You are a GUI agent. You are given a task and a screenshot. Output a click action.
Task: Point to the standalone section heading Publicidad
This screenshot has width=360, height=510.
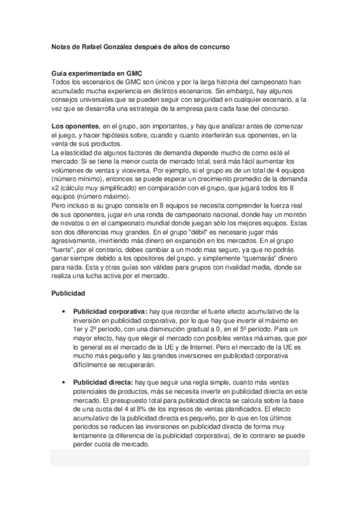(x=69, y=293)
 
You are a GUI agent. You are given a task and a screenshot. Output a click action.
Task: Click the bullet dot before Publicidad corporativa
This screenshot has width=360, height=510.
(x=63, y=313)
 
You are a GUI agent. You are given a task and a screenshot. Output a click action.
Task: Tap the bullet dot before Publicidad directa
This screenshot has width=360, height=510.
(x=63, y=382)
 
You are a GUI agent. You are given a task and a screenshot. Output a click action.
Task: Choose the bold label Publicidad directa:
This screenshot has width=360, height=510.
(x=103, y=382)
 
